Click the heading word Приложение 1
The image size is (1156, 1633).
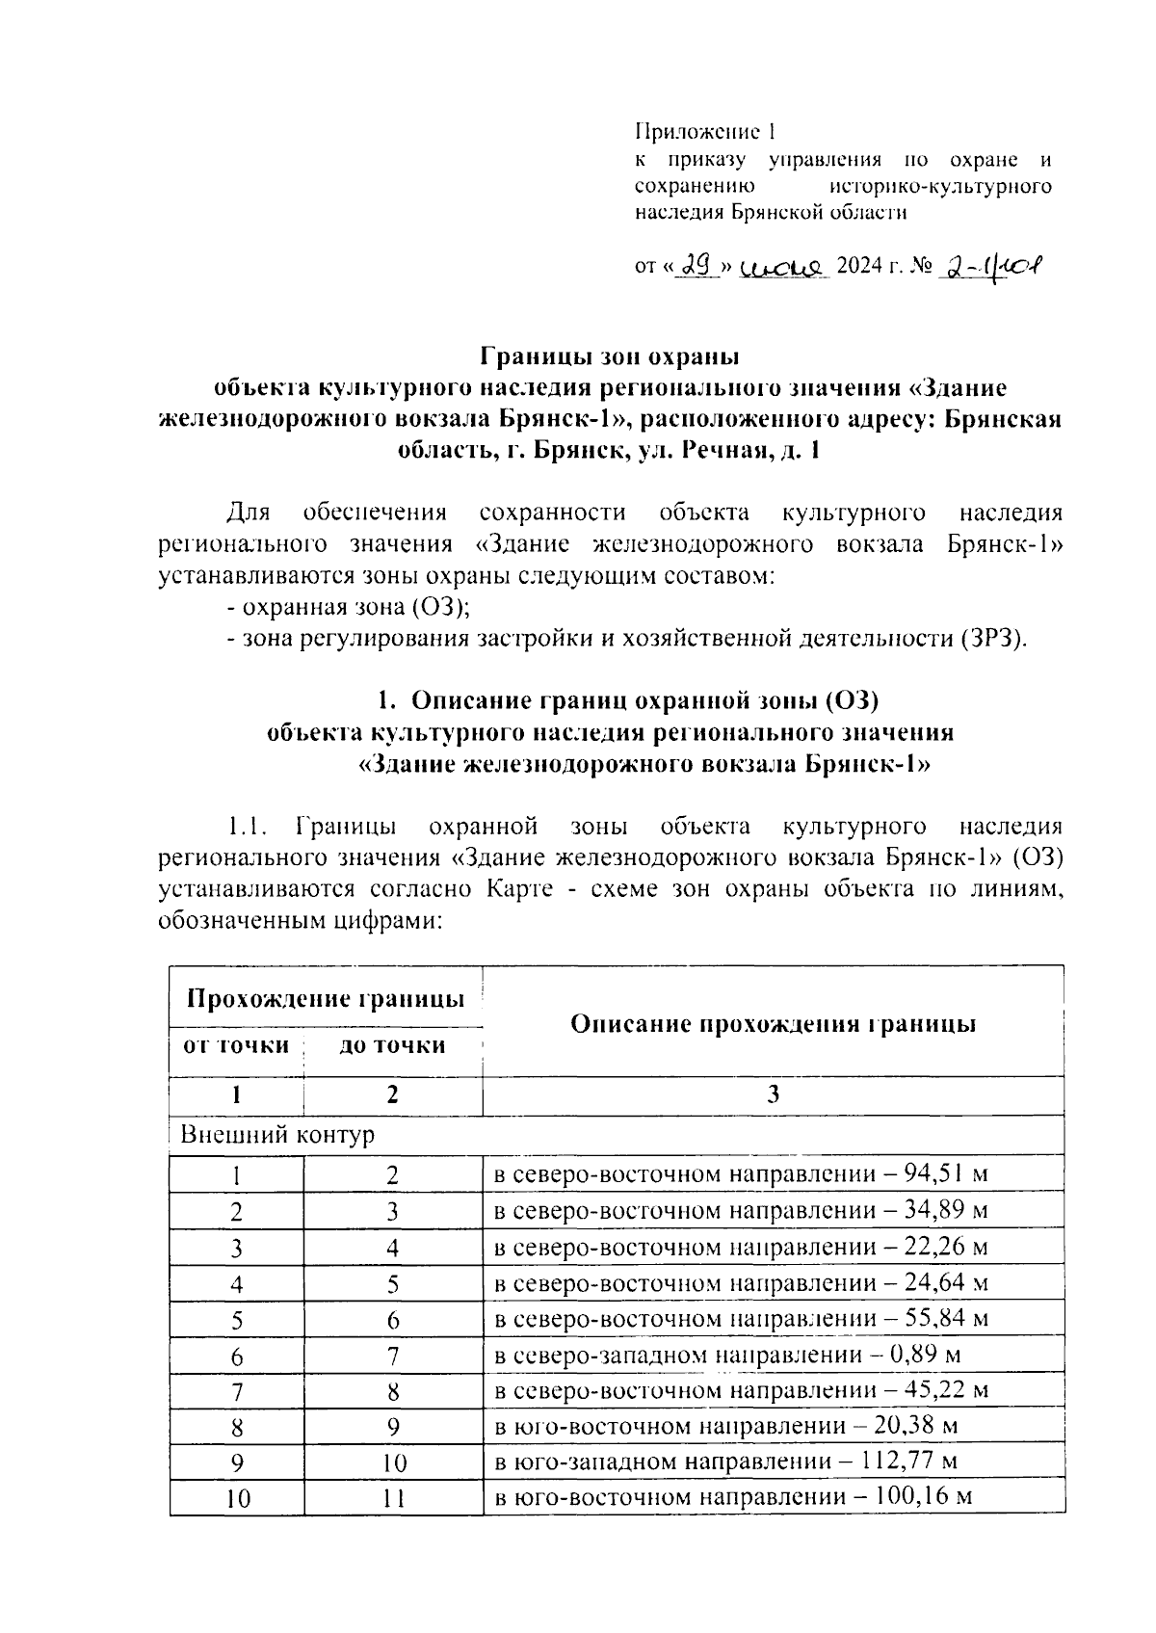tap(704, 131)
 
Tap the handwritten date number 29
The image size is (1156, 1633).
tap(696, 264)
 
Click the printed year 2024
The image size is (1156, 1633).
tap(856, 266)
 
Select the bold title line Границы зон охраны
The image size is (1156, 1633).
tap(609, 356)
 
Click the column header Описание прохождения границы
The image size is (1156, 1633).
tap(773, 1023)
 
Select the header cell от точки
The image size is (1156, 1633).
tap(236, 1045)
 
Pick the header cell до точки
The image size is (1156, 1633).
tap(392, 1045)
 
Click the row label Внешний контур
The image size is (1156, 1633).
tap(277, 1135)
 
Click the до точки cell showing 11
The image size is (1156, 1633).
tap(392, 1499)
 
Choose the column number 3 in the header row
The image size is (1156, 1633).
tap(773, 1094)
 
